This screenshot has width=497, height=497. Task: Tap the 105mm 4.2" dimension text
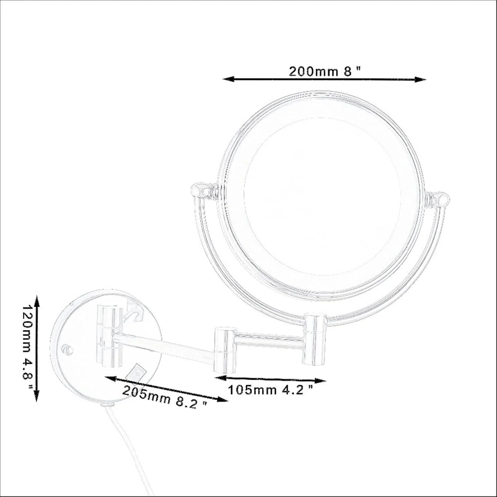point(270,390)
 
